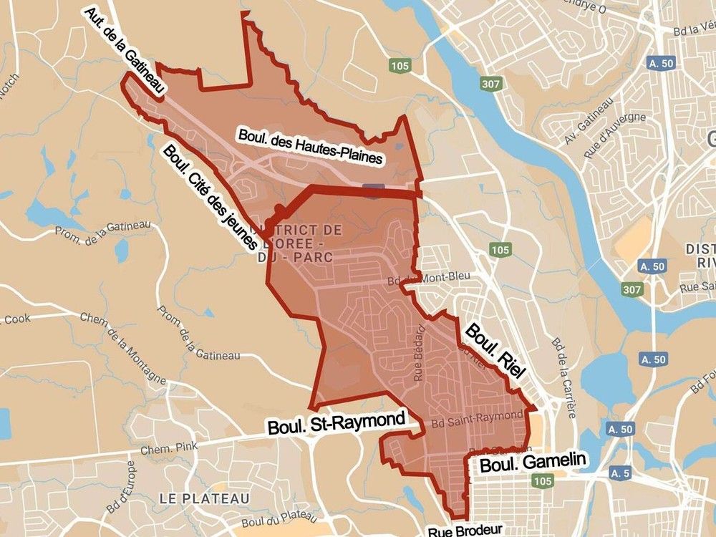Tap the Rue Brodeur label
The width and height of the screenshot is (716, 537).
[x=465, y=531]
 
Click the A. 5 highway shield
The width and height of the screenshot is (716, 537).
[x=621, y=473]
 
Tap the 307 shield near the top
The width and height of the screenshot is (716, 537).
[x=492, y=83]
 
